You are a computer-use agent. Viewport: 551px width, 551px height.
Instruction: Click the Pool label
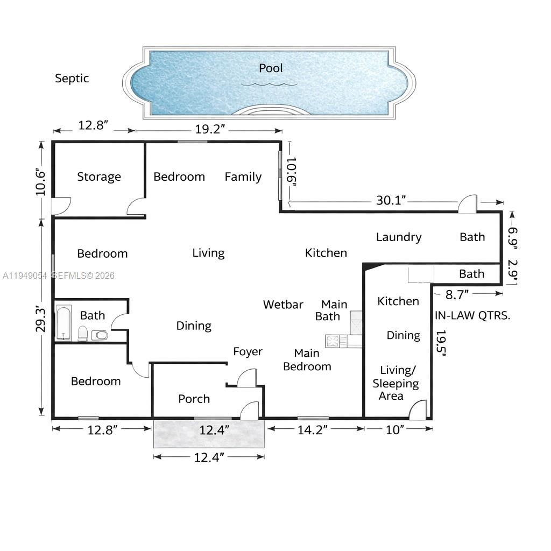tap(271, 68)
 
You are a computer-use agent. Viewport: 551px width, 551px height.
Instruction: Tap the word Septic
tap(72, 79)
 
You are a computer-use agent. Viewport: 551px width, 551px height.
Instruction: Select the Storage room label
tap(98, 177)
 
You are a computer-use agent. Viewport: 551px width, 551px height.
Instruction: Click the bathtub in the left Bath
tap(63, 323)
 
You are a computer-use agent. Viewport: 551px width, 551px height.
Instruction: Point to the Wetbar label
tap(283, 305)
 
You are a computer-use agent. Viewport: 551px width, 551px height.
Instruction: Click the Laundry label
tap(398, 237)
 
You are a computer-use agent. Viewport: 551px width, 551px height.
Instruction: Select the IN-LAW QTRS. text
tap(472, 315)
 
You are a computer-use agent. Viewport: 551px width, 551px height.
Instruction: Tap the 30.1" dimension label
tap(391, 201)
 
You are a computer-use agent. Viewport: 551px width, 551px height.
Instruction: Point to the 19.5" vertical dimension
tap(441, 344)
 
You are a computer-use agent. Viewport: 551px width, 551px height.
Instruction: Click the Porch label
tap(194, 399)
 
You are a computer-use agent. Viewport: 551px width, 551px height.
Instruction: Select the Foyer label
tap(248, 352)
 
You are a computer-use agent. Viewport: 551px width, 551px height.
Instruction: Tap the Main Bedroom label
tap(307, 360)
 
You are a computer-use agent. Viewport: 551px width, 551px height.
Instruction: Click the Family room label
tap(243, 177)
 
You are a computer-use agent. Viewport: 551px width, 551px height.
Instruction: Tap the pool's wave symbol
tap(269, 83)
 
